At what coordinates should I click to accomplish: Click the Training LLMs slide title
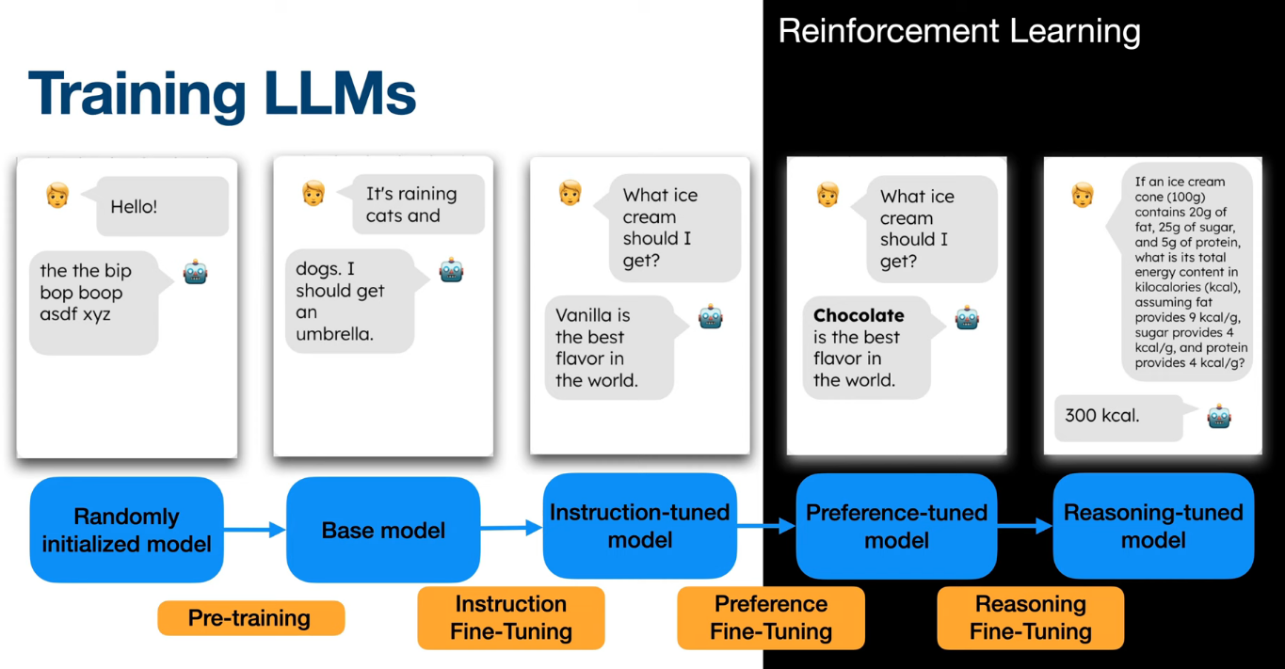pos(222,94)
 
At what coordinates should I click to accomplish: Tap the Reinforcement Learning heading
pos(958,31)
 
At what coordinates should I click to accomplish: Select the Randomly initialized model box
pos(127,530)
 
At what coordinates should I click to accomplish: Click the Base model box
pos(383,530)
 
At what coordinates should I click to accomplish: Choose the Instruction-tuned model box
pos(639,526)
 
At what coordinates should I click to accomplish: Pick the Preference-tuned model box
pos(896,526)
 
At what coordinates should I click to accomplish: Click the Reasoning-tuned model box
pos(1153,526)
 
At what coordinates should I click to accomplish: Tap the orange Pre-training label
pos(249,618)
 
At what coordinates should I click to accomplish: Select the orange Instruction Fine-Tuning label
pos(510,617)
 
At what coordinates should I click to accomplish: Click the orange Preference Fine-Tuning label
pos(771,617)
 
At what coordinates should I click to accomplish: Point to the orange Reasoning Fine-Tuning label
pos(1031,617)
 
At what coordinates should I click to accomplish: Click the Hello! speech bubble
pos(162,206)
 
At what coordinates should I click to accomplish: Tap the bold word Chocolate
pos(859,315)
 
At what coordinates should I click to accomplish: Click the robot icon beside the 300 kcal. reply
pos(1219,416)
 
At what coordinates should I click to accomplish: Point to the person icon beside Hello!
pos(57,196)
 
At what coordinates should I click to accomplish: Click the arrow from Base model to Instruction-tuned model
pos(511,529)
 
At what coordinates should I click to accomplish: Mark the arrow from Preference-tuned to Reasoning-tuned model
pos(1024,527)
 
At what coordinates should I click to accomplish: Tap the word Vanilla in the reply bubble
pos(592,315)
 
